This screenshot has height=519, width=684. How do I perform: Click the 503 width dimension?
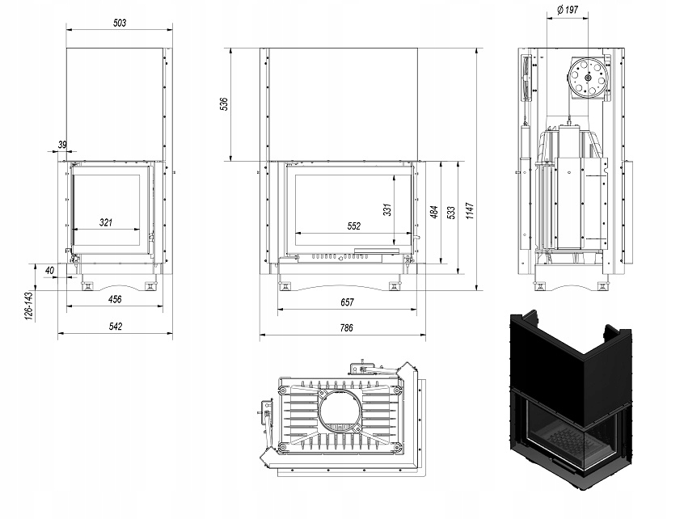coord(120,23)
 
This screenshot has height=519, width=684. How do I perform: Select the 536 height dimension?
coord(225,103)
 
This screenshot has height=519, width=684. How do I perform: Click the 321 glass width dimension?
coord(106,222)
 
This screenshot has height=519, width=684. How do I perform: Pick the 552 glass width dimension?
coord(353,226)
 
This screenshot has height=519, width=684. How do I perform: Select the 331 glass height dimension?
coord(388,209)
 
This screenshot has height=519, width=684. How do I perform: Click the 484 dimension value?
coord(433,213)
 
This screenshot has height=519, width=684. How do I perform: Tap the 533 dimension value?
coord(451,213)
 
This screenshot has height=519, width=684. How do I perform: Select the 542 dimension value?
coord(115,327)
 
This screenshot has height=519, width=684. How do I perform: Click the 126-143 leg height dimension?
coord(28,305)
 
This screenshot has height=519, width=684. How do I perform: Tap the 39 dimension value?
coord(63,145)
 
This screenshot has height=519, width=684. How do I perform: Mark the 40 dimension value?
coord(50,270)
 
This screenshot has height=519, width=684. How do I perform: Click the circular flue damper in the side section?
coord(588,79)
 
